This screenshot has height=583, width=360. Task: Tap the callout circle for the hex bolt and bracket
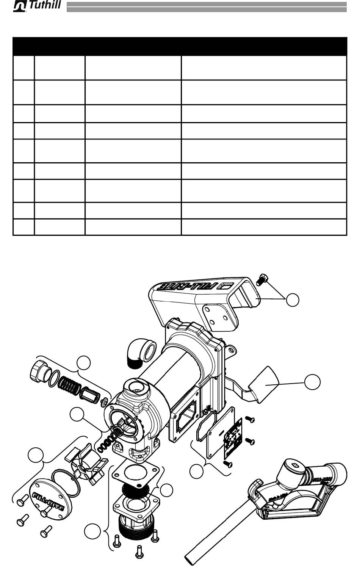tap(292, 299)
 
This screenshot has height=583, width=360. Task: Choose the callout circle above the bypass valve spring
tap(83, 363)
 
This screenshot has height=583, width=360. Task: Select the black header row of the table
tap(180, 46)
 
